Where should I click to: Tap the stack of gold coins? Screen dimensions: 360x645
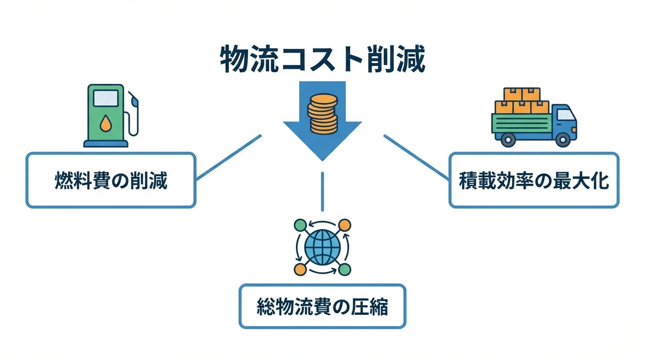(322, 114)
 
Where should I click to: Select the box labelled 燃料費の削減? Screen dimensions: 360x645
(111, 180)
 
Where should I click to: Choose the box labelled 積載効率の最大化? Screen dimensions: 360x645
(534, 180)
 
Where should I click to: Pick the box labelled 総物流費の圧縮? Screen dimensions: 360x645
(322, 306)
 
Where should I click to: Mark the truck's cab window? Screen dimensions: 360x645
(565, 114)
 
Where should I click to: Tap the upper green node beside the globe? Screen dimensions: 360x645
(300, 225)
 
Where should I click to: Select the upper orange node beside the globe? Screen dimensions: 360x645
(345, 225)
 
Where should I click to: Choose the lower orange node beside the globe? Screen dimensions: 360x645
(300, 270)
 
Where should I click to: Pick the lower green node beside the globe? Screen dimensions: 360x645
(345, 270)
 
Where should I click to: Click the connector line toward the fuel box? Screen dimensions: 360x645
(228, 157)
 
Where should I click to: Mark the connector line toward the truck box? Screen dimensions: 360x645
(416, 157)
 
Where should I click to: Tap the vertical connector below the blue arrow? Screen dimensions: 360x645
(322, 191)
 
